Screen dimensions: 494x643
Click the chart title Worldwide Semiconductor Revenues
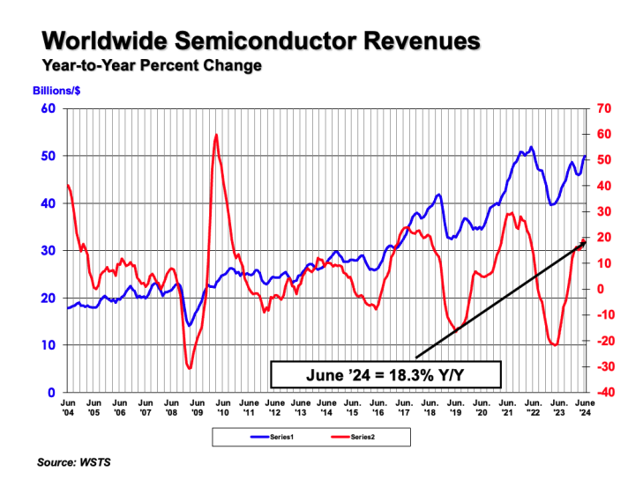pos(262,41)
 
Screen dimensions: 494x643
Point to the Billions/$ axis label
pos(57,92)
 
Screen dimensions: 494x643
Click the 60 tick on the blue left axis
pos(49,109)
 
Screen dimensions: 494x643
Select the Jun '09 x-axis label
pos(197,406)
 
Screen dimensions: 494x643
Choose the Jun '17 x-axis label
pos(404,406)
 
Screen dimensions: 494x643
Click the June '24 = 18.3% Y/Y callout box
pos(385,374)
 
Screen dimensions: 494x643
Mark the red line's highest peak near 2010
pos(216,135)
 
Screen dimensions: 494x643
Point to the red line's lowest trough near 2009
pos(190,367)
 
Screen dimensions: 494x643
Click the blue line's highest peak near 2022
pos(530,147)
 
